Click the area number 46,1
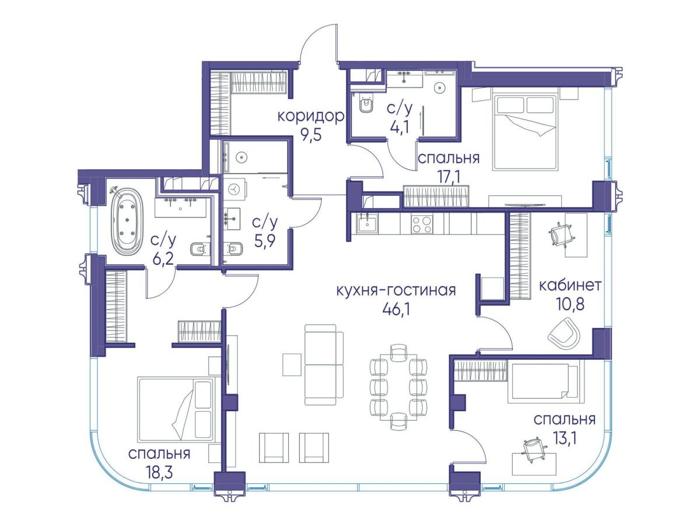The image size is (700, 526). point(395,308)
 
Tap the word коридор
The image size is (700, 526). point(310,117)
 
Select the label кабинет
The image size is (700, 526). point(570,286)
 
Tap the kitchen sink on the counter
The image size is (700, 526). point(367,224)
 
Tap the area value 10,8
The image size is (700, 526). point(570,304)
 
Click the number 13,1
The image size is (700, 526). point(566,439)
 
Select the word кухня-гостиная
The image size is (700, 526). point(396,290)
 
